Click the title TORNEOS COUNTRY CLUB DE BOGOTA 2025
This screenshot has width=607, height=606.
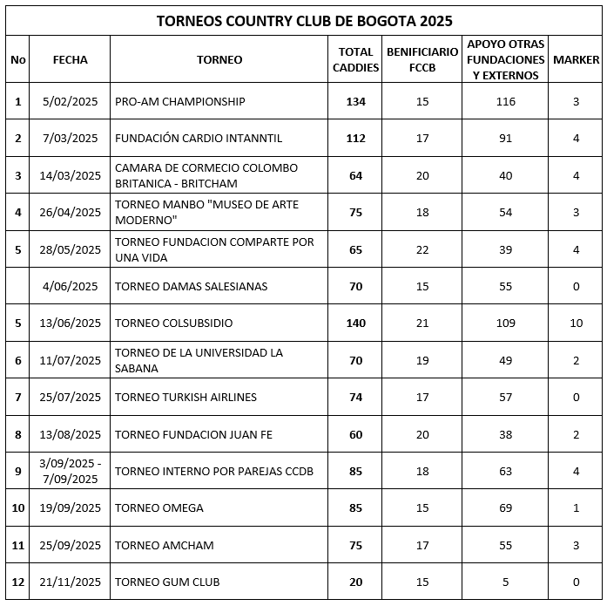[x=304, y=20]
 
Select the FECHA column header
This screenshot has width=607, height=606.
[x=71, y=60]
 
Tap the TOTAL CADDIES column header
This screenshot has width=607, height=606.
[x=355, y=60]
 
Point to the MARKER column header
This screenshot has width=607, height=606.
[x=577, y=60]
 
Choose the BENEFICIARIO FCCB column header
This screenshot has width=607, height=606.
[x=422, y=60]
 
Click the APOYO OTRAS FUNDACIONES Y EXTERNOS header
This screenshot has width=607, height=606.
[x=506, y=60]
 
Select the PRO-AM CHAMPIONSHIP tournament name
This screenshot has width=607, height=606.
[x=180, y=102]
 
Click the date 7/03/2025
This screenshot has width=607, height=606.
[x=71, y=139]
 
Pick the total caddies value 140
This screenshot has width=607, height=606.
[x=355, y=323]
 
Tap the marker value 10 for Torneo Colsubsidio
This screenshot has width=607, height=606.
[x=577, y=323]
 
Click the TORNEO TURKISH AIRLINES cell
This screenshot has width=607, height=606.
[x=185, y=398]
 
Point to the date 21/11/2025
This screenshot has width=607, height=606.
[x=71, y=582]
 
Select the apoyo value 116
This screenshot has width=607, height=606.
[x=506, y=102]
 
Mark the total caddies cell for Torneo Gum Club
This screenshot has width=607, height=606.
[x=355, y=582]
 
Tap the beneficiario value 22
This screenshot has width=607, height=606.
[x=422, y=249]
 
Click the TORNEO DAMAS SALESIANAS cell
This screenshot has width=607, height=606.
[x=192, y=286]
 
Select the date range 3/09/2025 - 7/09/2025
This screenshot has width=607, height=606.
[x=71, y=471]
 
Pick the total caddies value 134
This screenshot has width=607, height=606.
[x=355, y=102]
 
